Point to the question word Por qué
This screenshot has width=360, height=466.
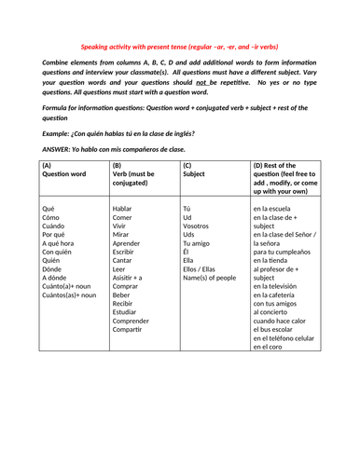click(x=56, y=239)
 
